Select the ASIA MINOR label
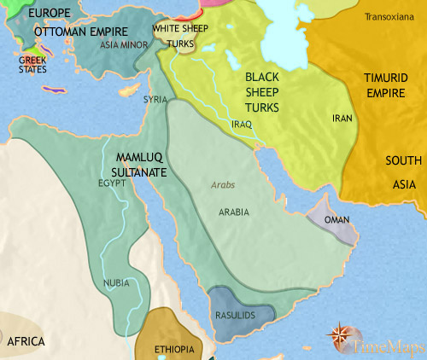click(120, 44)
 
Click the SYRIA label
click(155, 100)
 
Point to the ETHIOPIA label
click(174, 350)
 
